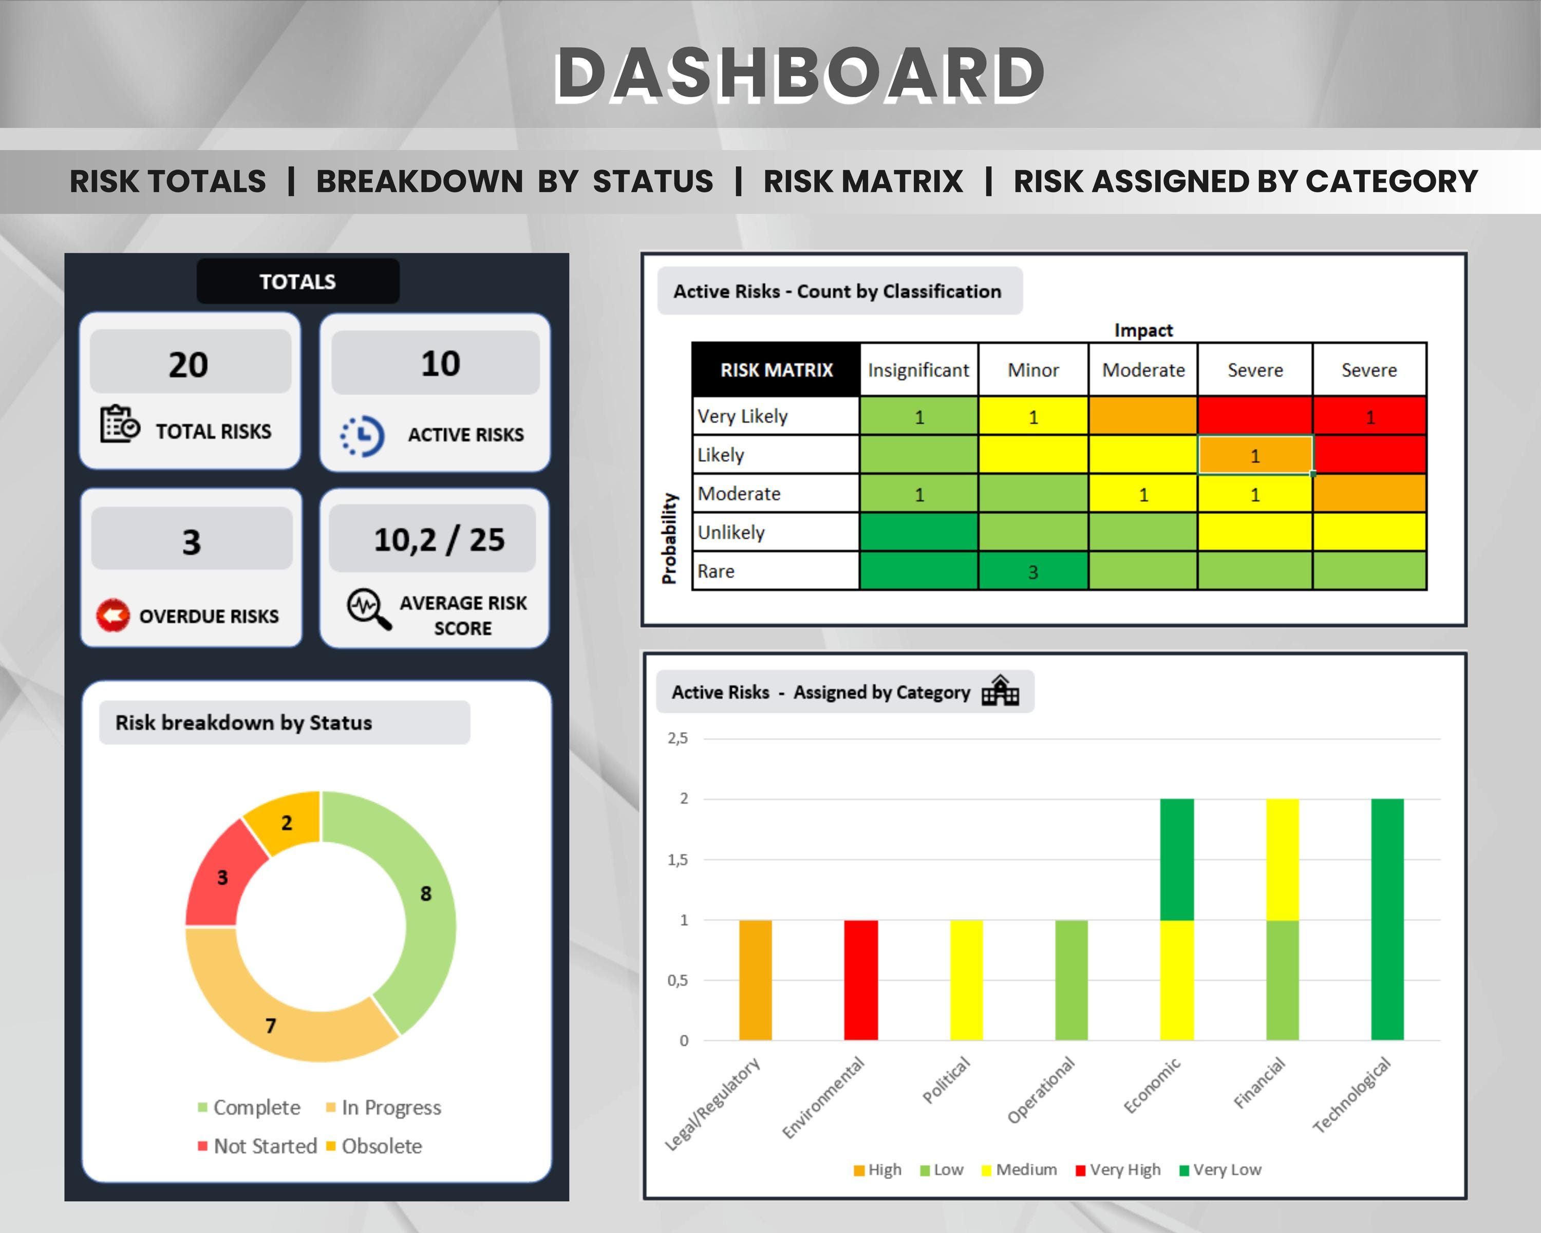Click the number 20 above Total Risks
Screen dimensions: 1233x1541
pyautogui.click(x=189, y=365)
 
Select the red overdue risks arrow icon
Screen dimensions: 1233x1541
pyautogui.click(x=113, y=615)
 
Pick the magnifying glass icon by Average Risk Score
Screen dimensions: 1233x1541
pyautogui.click(x=369, y=609)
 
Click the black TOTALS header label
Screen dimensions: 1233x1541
pyautogui.click(x=297, y=282)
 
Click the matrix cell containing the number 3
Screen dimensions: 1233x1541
pyautogui.click(x=1033, y=571)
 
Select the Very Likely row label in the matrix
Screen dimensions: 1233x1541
pyautogui.click(x=743, y=416)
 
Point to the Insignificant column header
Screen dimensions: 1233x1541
pyautogui.click(x=918, y=370)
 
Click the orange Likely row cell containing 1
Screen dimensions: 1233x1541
pyautogui.click(x=1255, y=455)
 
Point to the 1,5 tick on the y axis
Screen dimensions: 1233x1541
pyautogui.click(x=678, y=859)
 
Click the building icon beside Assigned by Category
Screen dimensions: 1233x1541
pyautogui.click(x=1000, y=690)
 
